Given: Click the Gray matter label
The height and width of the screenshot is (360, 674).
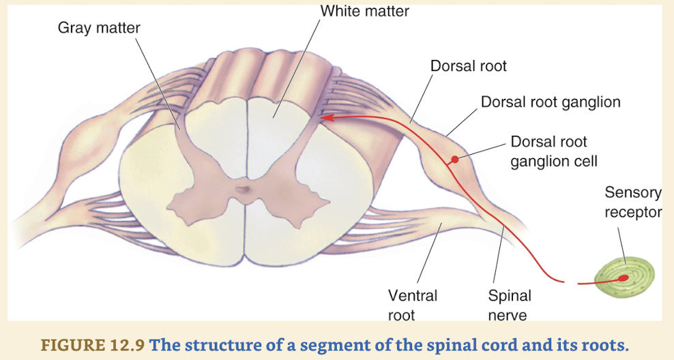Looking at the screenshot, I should tap(98, 28).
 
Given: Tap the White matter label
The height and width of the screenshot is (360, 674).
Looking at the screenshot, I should tap(364, 11).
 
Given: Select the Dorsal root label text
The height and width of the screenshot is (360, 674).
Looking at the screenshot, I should tap(468, 66).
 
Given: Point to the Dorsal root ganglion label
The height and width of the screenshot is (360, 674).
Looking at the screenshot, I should tap(551, 102).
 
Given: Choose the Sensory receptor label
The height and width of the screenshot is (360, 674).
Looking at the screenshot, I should tap(632, 202).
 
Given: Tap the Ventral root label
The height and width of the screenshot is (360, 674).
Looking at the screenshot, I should tap(412, 305).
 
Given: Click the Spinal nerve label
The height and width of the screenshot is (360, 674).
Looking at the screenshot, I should tap(509, 305).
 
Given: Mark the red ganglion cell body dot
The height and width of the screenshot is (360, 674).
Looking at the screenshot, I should tap(453, 161).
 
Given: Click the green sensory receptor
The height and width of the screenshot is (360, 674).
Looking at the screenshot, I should tap(624, 276).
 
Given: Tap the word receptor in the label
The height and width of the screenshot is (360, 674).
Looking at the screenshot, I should tap(632, 212).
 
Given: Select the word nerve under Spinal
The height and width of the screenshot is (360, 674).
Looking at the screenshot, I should tap(508, 314).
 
